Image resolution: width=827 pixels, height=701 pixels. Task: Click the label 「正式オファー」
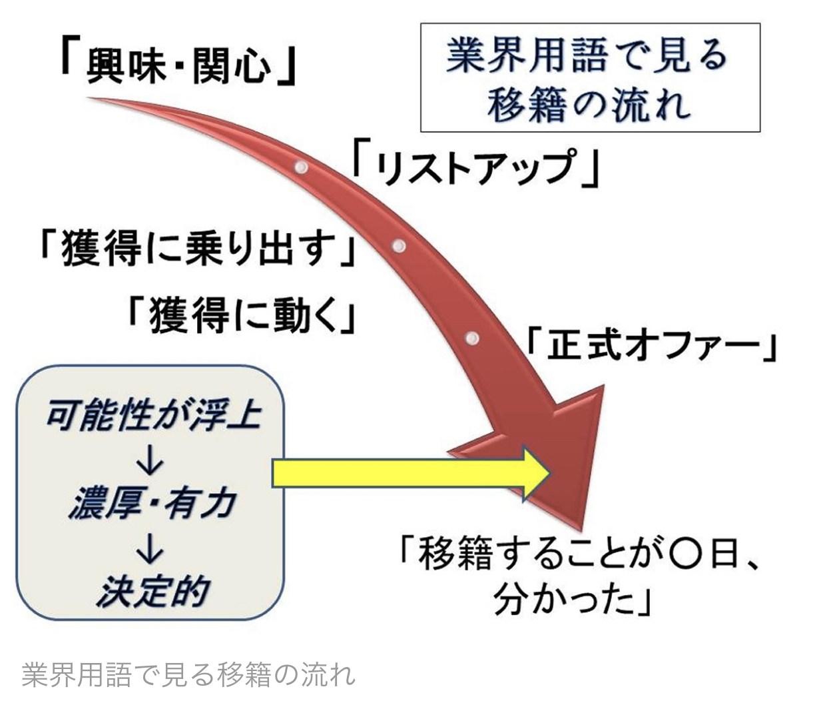point(651,346)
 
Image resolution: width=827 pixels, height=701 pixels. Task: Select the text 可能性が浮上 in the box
point(153,416)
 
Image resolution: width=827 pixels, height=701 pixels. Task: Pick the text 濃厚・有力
point(152,502)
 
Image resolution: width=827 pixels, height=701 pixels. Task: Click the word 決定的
point(152,590)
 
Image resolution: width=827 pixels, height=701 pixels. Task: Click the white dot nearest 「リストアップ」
point(301,166)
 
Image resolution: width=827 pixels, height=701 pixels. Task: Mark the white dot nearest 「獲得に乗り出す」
point(399,246)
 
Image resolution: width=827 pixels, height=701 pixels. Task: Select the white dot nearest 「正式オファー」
point(471,338)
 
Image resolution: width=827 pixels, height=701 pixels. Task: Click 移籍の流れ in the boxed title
point(589,105)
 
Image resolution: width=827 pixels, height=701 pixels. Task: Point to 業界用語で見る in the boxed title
point(589,55)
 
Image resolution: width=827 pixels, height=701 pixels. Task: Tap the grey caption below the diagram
point(188,674)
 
